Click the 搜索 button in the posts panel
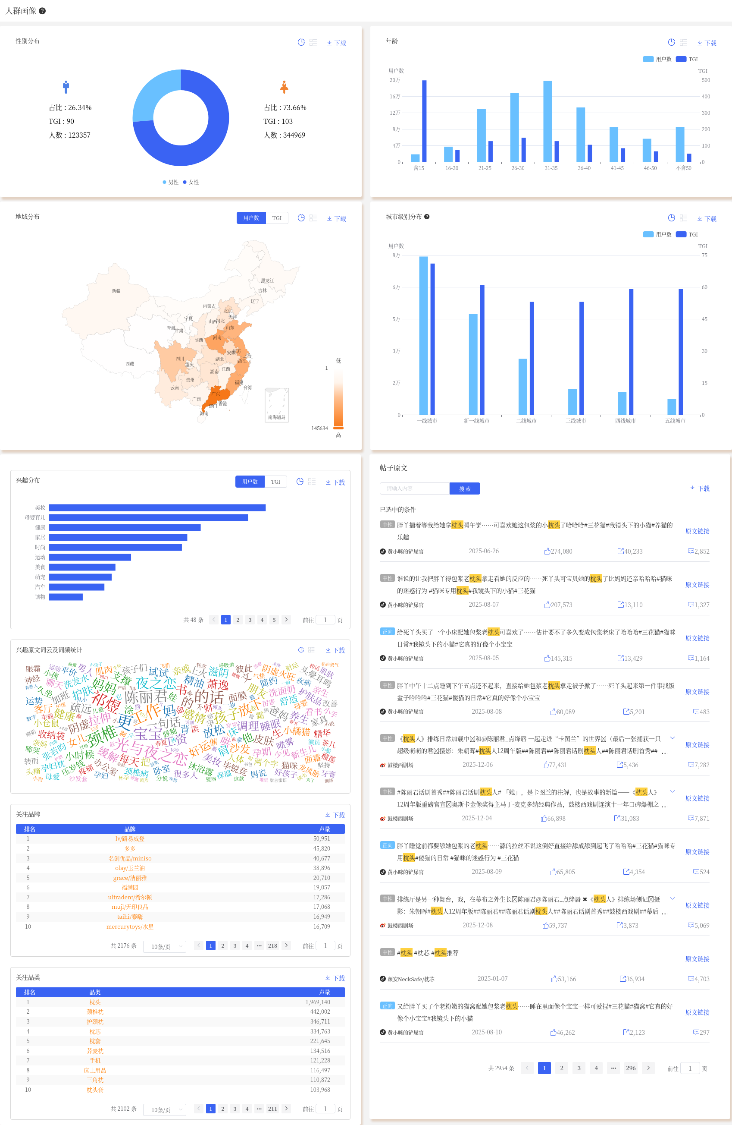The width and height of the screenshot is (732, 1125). (464, 488)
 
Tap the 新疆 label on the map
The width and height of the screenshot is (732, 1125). (116, 291)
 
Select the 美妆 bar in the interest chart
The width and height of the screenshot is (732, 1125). (157, 507)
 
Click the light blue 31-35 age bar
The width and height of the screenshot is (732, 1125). (547, 122)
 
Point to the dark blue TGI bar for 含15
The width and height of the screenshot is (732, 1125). (424, 121)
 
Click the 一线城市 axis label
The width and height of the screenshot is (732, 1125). (426, 421)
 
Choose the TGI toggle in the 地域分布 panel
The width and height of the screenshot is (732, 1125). (277, 218)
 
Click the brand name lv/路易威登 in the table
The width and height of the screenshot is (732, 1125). (130, 838)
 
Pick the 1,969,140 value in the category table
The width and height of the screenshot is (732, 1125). (317, 1002)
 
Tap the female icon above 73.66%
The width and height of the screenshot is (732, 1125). (284, 88)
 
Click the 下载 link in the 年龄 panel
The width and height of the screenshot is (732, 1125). (707, 43)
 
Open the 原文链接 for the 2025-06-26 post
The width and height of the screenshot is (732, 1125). (697, 531)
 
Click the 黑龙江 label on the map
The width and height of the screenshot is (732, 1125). (267, 280)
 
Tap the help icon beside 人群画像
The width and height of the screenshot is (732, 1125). (42, 11)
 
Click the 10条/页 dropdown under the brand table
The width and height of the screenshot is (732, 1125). (165, 946)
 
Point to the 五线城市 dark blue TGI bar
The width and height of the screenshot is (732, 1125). (681, 352)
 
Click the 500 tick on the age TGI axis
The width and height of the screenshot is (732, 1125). (706, 80)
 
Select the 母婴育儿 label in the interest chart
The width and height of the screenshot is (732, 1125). (35, 517)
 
